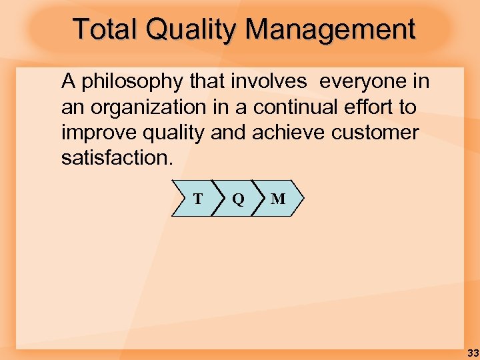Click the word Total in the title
(107, 29)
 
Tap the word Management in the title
(331, 29)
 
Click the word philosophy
(130, 83)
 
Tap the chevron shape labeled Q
(237, 199)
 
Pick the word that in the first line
(207, 82)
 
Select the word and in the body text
(229, 133)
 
